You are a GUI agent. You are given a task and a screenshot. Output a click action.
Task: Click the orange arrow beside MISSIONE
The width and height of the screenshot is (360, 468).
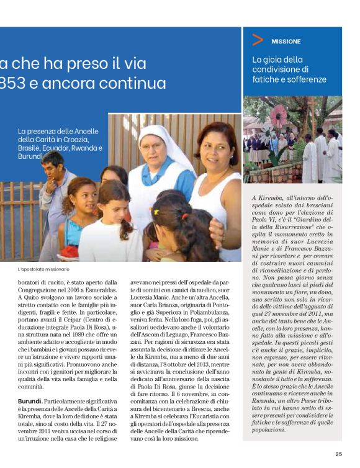click(x=258, y=41)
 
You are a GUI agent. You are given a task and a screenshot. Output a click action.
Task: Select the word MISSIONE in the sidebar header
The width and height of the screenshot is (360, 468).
click(x=286, y=42)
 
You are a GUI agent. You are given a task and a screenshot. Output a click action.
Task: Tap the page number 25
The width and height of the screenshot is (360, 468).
click(x=338, y=454)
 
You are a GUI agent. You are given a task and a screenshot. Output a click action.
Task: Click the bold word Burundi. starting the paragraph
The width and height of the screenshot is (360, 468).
click(x=30, y=402)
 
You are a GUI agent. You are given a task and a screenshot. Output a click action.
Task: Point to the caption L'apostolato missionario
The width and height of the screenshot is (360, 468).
click(x=43, y=269)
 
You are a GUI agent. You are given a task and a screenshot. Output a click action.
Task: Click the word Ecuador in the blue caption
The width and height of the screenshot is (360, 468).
click(x=68, y=149)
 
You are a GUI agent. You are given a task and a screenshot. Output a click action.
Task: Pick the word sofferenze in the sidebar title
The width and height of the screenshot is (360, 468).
click(x=305, y=79)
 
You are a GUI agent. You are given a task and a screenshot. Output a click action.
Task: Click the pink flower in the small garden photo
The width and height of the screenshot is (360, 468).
click(x=280, y=117)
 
